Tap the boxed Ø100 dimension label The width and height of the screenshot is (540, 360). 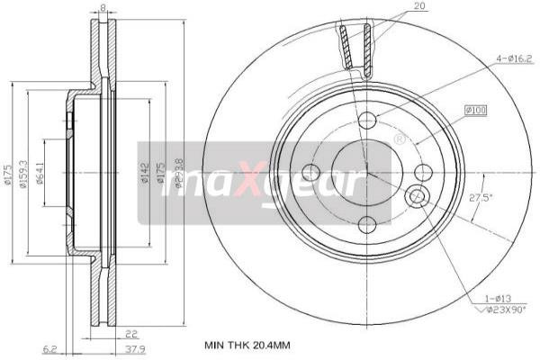point(475,110)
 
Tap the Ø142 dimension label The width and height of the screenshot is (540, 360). point(144,173)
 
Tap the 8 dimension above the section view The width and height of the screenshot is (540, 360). point(103,8)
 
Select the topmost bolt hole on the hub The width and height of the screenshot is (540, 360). point(366,121)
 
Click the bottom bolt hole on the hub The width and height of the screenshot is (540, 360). point(366,225)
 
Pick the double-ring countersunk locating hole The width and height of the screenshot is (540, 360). point(417,196)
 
